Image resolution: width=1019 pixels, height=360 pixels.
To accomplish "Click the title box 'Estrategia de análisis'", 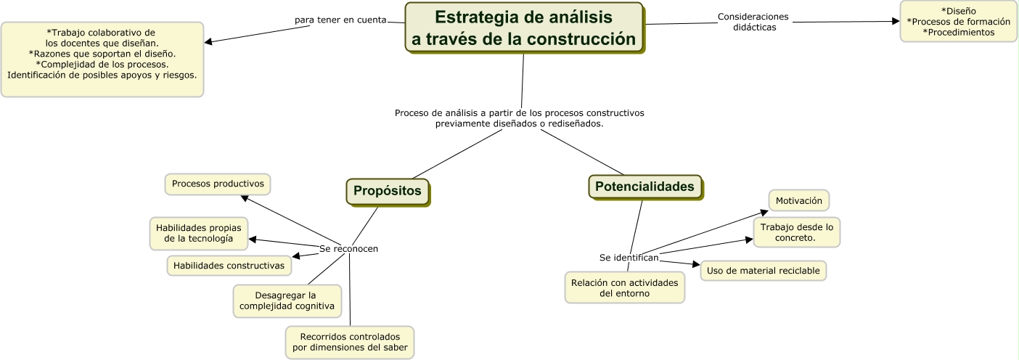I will point(523,28).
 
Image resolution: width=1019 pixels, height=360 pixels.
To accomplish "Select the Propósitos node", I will point(388,191).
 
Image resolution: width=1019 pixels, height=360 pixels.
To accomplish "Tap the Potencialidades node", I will point(644,187).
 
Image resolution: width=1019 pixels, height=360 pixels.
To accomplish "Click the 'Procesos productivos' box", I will point(218,184).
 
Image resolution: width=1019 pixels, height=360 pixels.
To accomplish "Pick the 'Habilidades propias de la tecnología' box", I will point(199,232).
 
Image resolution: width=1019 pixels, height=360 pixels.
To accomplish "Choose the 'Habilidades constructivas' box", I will point(229,266).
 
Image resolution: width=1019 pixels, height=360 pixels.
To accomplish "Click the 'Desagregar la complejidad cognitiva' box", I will point(287,301).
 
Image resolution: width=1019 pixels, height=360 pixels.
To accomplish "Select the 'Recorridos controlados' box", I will point(350,343).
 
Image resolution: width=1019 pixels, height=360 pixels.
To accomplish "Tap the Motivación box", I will point(798,200).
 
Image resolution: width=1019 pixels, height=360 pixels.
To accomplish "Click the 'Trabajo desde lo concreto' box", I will point(796,232).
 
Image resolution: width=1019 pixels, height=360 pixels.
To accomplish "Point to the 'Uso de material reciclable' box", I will point(763,271).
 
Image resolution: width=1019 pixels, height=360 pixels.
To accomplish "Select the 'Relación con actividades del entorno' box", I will point(624,287).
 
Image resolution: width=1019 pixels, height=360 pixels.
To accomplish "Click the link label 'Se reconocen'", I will point(348,249).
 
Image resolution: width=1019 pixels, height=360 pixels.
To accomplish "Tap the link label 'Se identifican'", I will point(629,258).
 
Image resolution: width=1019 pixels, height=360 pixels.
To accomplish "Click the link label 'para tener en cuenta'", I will point(340,20).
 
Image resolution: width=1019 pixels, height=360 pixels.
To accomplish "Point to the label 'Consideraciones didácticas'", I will point(753,22).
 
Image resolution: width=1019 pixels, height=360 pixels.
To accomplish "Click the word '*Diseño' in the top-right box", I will point(958,11).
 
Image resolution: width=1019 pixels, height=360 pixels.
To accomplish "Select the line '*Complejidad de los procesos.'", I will point(102,64).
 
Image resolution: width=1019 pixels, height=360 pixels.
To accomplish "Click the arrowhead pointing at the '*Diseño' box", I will point(896,22).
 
